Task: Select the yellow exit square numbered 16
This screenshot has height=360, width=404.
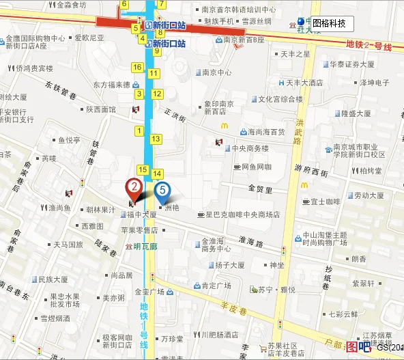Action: (x=137, y=67)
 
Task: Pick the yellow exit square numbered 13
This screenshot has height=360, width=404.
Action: (x=156, y=139)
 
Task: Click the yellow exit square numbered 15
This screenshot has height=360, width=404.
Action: (x=143, y=169)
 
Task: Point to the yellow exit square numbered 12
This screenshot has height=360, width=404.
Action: (x=156, y=94)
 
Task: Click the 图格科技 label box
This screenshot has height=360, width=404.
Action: (x=329, y=24)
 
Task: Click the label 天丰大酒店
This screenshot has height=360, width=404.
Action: (x=304, y=83)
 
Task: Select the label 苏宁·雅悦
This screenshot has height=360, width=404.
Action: (x=276, y=290)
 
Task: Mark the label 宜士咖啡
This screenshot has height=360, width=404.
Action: (x=326, y=202)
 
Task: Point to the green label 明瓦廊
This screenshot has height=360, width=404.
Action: (x=145, y=247)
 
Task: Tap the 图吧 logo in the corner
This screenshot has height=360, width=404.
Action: (x=358, y=346)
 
